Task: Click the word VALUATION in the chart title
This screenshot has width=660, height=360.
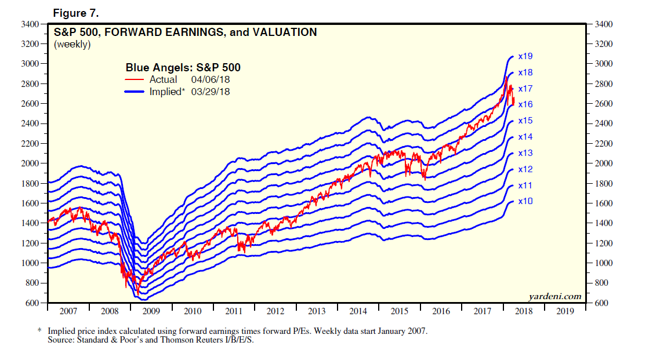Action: coord(285,32)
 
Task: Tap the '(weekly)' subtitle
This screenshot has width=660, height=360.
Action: coord(72,44)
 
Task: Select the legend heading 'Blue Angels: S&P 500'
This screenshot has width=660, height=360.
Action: coord(183,68)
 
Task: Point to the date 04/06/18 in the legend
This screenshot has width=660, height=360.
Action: coord(211,79)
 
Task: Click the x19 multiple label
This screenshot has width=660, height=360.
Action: coord(525,56)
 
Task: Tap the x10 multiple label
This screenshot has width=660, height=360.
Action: coord(525,201)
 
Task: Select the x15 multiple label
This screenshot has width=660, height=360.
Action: coord(525,121)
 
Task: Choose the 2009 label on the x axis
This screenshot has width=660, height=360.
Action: coord(151,311)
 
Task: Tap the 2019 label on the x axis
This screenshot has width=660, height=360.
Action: coord(565,311)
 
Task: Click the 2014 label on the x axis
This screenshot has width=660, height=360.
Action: coord(358,311)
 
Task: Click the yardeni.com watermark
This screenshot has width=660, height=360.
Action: coord(555,296)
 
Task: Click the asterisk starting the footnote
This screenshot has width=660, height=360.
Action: coord(40,331)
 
